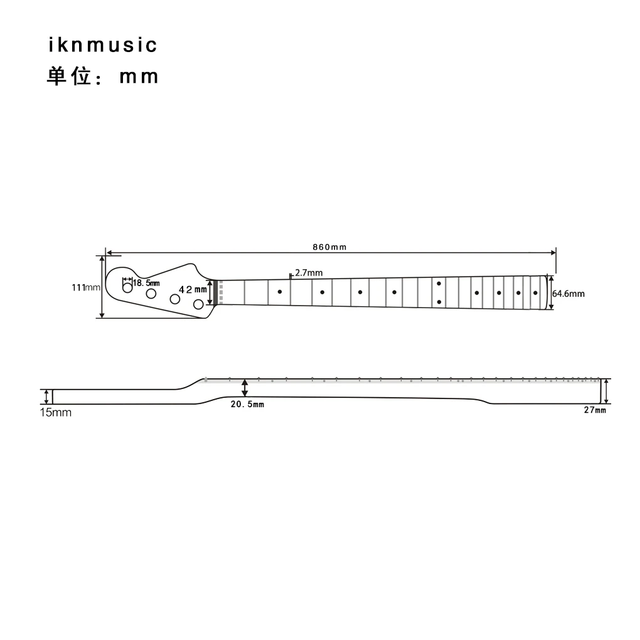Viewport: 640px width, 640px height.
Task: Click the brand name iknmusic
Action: (102, 45)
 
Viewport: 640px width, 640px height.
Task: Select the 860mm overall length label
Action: (329, 247)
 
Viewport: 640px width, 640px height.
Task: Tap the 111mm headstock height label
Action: (85, 287)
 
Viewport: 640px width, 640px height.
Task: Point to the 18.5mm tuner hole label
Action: (146, 283)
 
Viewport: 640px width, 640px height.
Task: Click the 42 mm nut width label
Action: (193, 289)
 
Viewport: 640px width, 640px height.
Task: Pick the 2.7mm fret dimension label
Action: (308, 272)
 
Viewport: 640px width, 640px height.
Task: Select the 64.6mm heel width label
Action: (568, 294)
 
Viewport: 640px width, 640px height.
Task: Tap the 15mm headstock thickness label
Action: (56, 412)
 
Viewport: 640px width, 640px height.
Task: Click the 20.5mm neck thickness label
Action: (247, 404)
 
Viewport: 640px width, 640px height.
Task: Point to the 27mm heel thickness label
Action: (595, 410)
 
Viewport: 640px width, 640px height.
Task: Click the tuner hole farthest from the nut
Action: (127, 288)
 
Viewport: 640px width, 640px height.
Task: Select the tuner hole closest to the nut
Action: (198, 304)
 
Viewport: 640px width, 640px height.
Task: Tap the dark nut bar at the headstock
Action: (215, 293)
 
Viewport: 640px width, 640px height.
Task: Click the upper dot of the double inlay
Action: (439, 284)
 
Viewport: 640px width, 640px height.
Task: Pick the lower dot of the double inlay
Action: (439, 302)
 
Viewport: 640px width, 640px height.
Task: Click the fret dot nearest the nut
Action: (279, 292)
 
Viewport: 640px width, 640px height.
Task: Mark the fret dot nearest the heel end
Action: (535, 293)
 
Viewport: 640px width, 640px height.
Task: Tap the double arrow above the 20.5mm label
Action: (245, 387)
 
